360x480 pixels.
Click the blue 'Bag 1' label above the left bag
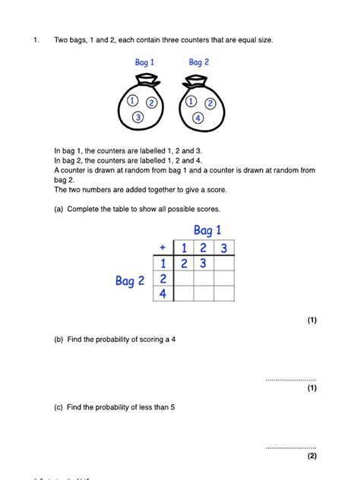[x=143, y=62]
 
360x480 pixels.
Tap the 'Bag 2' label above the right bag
[x=200, y=62]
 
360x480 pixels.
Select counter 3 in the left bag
[x=137, y=117]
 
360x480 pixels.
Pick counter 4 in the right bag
[x=197, y=118]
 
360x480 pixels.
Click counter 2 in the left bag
[x=151, y=103]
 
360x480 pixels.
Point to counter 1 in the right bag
[x=191, y=101]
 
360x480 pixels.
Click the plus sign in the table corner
[x=162, y=248]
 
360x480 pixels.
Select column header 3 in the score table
[x=223, y=248]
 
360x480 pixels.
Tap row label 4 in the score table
[x=162, y=295]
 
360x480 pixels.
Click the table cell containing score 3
[x=203, y=264]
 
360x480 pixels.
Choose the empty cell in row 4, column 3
[x=223, y=295]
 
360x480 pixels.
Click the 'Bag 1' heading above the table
[x=207, y=230]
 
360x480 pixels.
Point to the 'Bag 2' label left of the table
[x=130, y=281]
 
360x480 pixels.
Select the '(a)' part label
[x=58, y=209]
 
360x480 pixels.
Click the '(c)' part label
[x=58, y=408]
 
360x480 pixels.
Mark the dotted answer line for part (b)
[x=291, y=379]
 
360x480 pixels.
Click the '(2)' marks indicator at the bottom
[x=311, y=456]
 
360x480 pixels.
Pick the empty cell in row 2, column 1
[x=182, y=279]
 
